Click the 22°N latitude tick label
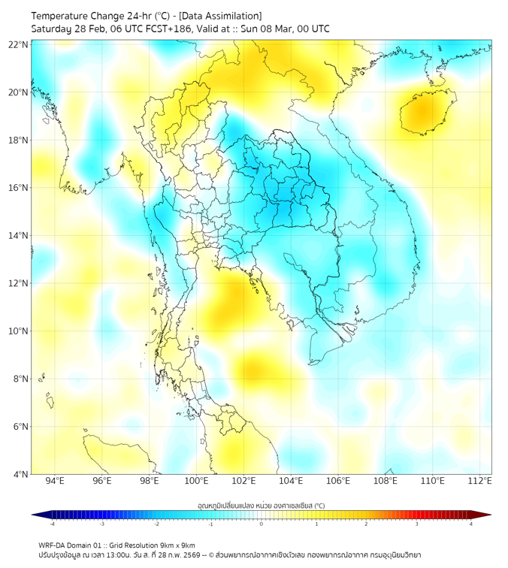(x=19, y=45)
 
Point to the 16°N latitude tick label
(x=19, y=188)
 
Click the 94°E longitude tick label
(x=55, y=482)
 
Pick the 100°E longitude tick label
(x=197, y=482)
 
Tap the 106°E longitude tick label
(x=339, y=482)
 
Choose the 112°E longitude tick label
(x=481, y=482)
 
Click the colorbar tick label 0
(x=262, y=524)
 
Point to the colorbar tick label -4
(x=51, y=524)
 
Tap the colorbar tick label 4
(x=471, y=524)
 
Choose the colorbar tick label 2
(x=366, y=524)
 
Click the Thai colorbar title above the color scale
(x=261, y=505)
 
